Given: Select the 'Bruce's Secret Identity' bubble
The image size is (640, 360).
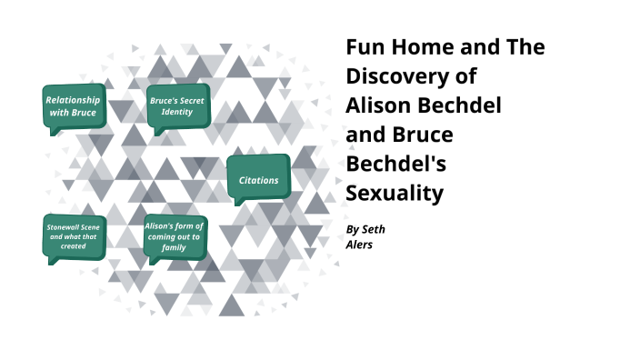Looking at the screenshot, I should click(178, 105).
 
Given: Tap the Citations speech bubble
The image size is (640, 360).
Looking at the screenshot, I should click(259, 179).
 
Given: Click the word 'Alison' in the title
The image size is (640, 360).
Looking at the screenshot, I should click(383, 105).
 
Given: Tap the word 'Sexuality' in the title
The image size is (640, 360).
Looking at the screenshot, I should click(395, 193).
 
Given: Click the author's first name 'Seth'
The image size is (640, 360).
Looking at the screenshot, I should click(374, 229).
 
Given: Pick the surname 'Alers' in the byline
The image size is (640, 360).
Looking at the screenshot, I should click(361, 245).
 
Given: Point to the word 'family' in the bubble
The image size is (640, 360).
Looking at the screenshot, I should click(175, 246).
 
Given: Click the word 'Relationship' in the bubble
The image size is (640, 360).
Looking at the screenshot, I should click(74, 99).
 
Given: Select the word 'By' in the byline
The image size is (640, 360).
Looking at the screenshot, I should click(353, 229).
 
